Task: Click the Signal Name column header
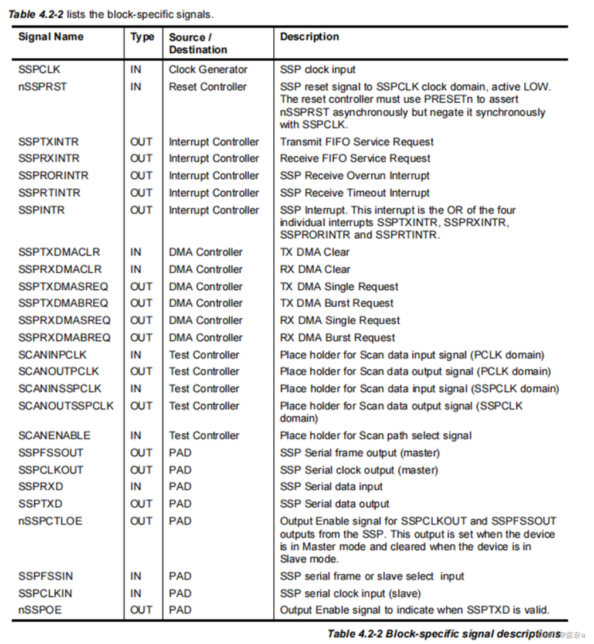pyautogui.click(x=51, y=37)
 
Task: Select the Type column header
pyautogui.click(x=142, y=37)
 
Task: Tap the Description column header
pyautogui.click(x=309, y=37)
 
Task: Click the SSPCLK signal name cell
pyautogui.click(x=39, y=69)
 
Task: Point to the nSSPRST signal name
pyautogui.click(x=42, y=87)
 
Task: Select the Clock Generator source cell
pyautogui.click(x=208, y=69)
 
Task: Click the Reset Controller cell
pyautogui.click(x=208, y=87)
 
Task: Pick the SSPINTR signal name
pyautogui.click(x=41, y=210)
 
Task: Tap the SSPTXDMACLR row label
pyautogui.click(x=59, y=252)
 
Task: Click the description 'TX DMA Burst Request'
pyautogui.click(x=337, y=303)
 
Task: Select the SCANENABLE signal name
pyautogui.click(x=54, y=436)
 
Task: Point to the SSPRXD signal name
pyautogui.click(x=40, y=487)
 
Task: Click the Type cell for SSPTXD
pyautogui.click(x=141, y=504)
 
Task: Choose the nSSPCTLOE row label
pyautogui.click(x=50, y=521)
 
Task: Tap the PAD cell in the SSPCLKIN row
pyautogui.click(x=180, y=593)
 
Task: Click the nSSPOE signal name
pyautogui.click(x=40, y=610)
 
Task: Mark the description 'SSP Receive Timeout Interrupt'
pyautogui.click(x=355, y=193)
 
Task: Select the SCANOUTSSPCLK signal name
pyautogui.click(x=66, y=406)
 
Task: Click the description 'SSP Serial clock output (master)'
pyautogui.click(x=359, y=470)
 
